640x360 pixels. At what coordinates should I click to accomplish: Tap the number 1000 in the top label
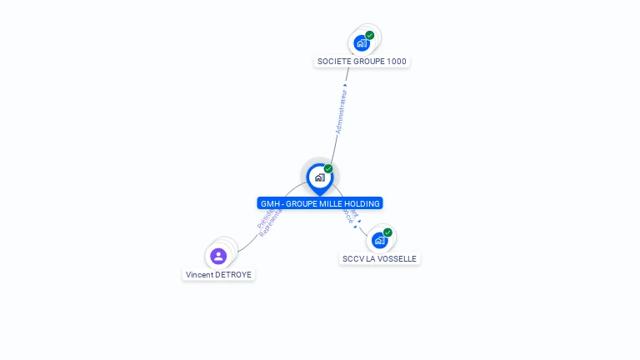[397, 62]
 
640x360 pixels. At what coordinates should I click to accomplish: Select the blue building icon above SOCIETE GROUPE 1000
[361, 42]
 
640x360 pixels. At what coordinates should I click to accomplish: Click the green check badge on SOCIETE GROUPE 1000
[370, 35]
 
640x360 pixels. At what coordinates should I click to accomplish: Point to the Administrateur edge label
[341, 112]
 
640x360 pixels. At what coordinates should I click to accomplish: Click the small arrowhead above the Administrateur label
[345, 85]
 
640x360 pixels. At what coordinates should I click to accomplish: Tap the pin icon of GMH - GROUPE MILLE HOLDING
[319, 177]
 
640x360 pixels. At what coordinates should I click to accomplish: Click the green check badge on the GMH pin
[328, 168]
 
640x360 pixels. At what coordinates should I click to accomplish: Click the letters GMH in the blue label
[270, 203]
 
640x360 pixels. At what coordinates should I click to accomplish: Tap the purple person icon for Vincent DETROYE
[218, 256]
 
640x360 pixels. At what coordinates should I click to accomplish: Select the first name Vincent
[197, 275]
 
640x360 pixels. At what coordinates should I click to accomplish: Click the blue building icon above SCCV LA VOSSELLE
[379, 241]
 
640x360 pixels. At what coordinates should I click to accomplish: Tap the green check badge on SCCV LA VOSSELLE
[387, 232]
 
